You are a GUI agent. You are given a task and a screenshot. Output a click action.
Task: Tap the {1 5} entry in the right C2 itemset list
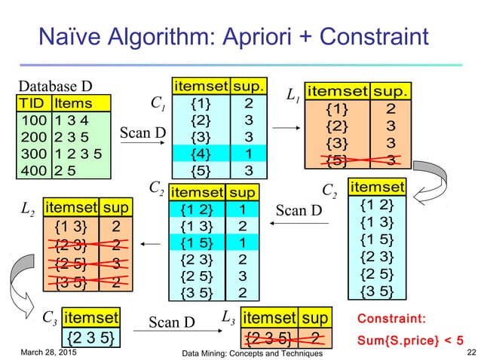376,239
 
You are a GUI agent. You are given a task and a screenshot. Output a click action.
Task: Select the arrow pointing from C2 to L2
150,243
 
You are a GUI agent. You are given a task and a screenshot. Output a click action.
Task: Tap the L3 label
228,319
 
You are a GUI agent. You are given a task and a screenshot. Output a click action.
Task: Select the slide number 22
471,352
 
